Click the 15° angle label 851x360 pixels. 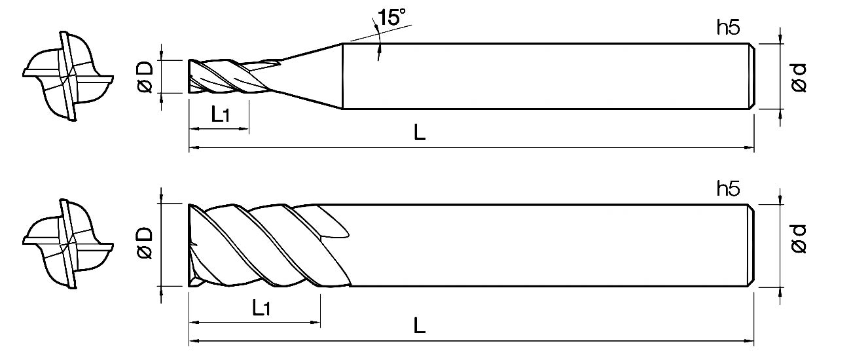391,17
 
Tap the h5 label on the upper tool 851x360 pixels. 728,27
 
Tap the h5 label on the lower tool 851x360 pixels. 728,189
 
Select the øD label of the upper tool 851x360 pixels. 145,77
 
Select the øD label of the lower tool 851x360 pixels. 145,243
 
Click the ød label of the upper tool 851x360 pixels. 799,77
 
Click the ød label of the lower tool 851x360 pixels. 799,239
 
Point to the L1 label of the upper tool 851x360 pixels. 221,114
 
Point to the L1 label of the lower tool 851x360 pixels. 261,308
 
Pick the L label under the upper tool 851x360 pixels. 420,132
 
